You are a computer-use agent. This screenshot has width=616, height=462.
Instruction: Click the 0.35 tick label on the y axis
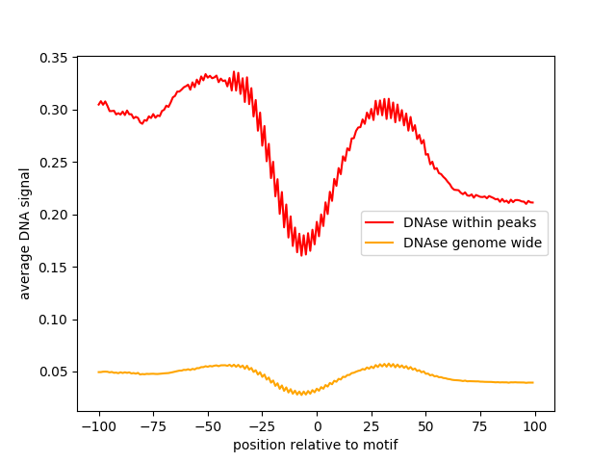53,58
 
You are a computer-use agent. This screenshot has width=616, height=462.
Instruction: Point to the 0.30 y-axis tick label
53,110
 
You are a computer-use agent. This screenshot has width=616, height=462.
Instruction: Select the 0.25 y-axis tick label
53,163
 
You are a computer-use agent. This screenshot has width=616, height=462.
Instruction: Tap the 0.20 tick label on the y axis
53,215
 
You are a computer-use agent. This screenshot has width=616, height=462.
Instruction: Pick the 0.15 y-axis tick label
53,267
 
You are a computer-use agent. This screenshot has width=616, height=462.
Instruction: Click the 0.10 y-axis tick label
53,320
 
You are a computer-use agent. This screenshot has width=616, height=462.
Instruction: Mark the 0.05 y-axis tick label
53,372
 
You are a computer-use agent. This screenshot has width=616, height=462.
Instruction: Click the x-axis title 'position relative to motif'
316,445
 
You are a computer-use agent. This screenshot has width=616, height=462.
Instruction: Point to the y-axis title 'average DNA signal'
25,233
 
